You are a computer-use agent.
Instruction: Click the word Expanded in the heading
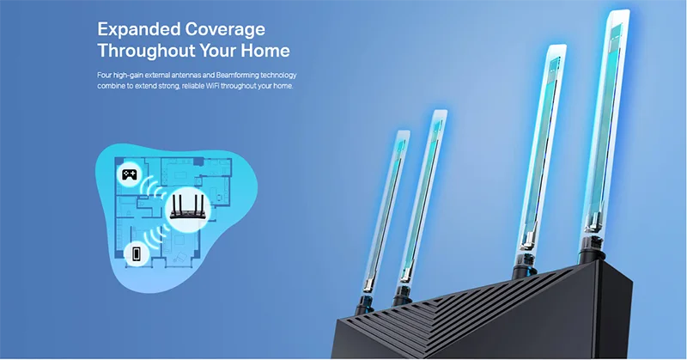tap(138, 30)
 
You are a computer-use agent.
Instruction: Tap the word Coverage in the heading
tap(225, 30)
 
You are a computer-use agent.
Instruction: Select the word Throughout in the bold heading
tap(146, 51)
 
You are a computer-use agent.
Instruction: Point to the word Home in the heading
tap(265, 51)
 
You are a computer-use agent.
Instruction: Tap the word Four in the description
tap(104, 75)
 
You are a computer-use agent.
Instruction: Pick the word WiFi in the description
tap(211, 86)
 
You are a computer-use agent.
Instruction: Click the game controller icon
tap(129, 175)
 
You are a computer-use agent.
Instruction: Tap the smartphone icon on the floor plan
tap(137, 253)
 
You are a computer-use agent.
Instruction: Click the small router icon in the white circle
tap(187, 207)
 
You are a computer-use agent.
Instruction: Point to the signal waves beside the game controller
tap(154, 189)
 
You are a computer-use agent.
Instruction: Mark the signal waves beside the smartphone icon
tap(155, 240)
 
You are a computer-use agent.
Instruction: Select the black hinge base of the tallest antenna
tap(592, 249)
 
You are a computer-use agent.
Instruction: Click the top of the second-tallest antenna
tap(556, 46)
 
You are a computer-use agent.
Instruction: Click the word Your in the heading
tap(217, 51)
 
